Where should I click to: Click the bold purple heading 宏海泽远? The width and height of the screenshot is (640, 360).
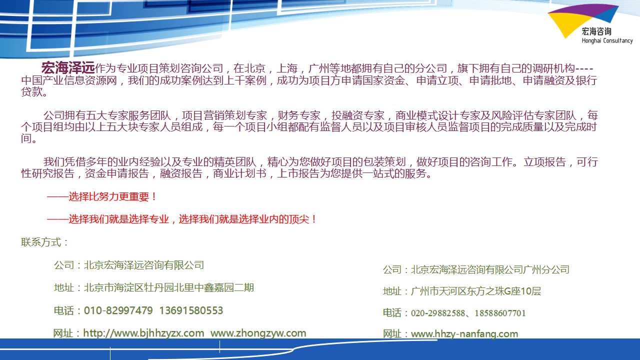pos(68,68)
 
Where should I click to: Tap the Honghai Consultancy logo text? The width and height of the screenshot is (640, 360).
pos(607,40)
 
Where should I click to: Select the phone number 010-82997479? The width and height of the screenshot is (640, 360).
pos(118,310)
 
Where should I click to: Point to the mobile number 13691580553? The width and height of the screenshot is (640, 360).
pos(191,310)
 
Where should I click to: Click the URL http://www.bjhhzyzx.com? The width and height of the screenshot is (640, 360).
pos(143,333)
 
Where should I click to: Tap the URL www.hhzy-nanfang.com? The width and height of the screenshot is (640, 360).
pos(464,333)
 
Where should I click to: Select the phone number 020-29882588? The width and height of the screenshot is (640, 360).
pos(437,313)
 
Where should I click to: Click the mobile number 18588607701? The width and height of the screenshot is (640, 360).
pos(500,313)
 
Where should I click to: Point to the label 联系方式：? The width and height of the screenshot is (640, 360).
pos(45,242)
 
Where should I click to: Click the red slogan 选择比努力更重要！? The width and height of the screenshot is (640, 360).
pos(112,196)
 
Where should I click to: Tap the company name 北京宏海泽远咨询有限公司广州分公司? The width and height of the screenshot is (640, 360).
pos(490,269)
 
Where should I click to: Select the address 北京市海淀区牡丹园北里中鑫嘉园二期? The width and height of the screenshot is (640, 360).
pos(168,287)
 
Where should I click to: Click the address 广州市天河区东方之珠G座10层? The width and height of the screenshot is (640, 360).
pos(475,291)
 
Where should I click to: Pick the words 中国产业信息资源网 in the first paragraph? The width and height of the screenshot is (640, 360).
pos(69,80)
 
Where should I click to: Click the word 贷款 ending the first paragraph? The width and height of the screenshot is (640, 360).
pos(31,91)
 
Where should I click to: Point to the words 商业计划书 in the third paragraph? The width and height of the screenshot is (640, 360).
pos(239,173)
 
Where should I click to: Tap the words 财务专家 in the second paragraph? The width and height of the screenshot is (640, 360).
pos(299,115)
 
